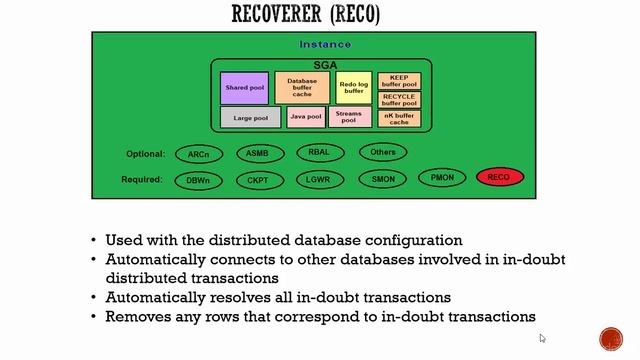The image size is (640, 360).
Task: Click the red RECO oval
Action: tap(499, 178)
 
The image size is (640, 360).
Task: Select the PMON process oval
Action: tap(441, 177)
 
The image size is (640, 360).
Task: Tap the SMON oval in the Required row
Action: tap(382, 180)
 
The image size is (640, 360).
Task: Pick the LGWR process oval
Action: tap(321, 180)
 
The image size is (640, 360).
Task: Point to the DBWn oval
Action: tap(198, 180)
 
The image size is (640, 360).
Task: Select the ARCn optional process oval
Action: tap(198, 154)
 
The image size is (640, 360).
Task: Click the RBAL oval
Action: tap(321, 153)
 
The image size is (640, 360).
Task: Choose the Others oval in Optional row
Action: tap(382, 152)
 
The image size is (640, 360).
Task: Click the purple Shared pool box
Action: tap(244, 88)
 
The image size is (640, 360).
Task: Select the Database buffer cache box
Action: tap(302, 88)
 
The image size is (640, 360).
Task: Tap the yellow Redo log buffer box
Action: tap(353, 88)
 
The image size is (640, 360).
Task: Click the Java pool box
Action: tap(306, 117)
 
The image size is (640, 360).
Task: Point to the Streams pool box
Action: tap(349, 117)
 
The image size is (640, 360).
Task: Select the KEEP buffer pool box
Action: tap(398, 81)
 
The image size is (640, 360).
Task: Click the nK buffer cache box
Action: tap(398, 118)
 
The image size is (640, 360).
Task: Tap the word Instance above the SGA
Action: tap(325, 44)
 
